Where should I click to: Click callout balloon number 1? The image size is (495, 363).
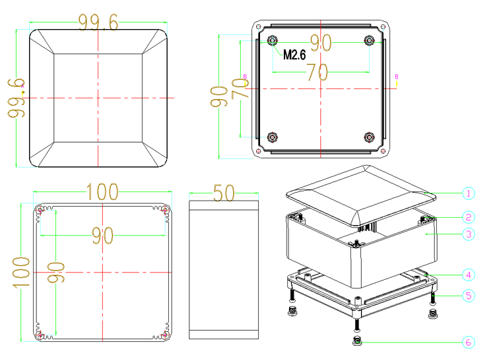pyautogui.click(x=468, y=193)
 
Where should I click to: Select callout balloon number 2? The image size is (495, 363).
pyautogui.click(x=468, y=217)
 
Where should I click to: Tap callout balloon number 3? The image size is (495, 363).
pyautogui.click(x=468, y=234)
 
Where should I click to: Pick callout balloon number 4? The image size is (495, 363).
pyautogui.click(x=468, y=275)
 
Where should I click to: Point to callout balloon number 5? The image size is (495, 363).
pyautogui.click(x=468, y=296)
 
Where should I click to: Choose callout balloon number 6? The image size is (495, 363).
pyautogui.click(x=468, y=342)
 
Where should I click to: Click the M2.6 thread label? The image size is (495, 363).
pyautogui.click(x=294, y=55)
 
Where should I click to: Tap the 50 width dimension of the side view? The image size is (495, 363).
pyautogui.click(x=224, y=193)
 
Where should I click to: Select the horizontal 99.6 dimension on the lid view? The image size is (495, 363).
pyautogui.click(x=98, y=22)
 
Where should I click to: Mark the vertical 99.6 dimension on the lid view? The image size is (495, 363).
pyautogui.click(x=16, y=98)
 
